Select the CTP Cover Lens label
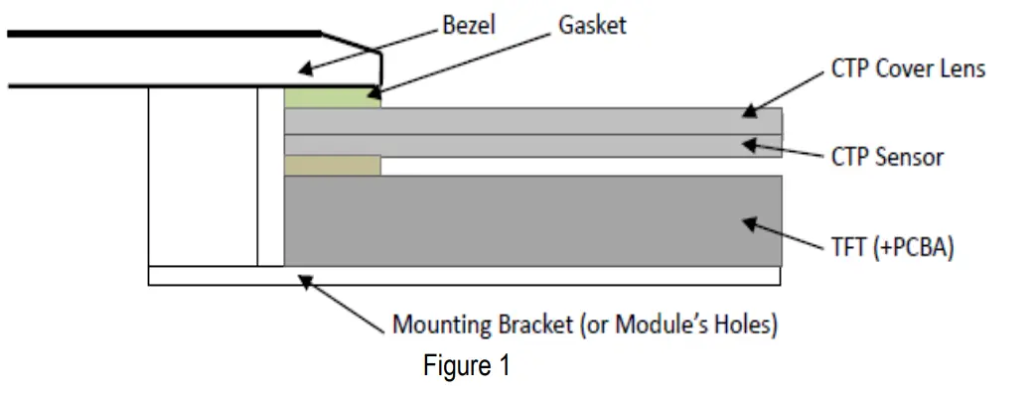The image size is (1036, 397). pyautogui.click(x=908, y=69)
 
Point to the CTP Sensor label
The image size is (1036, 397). pyautogui.click(x=887, y=157)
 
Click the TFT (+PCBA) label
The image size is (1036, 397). pyautogui.click(x=892, y=247)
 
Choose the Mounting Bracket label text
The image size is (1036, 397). pyautogui.click(x=585, y=325)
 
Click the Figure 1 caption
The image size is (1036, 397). pyautogui.click(x=466, y=366)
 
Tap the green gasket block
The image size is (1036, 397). pyautogui.click(x=333, y=97)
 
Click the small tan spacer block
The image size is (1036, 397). pyautogui.click(x=333, y=165)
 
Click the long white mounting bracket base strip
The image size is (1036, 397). pyautogui.click(x=464, y=276)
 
